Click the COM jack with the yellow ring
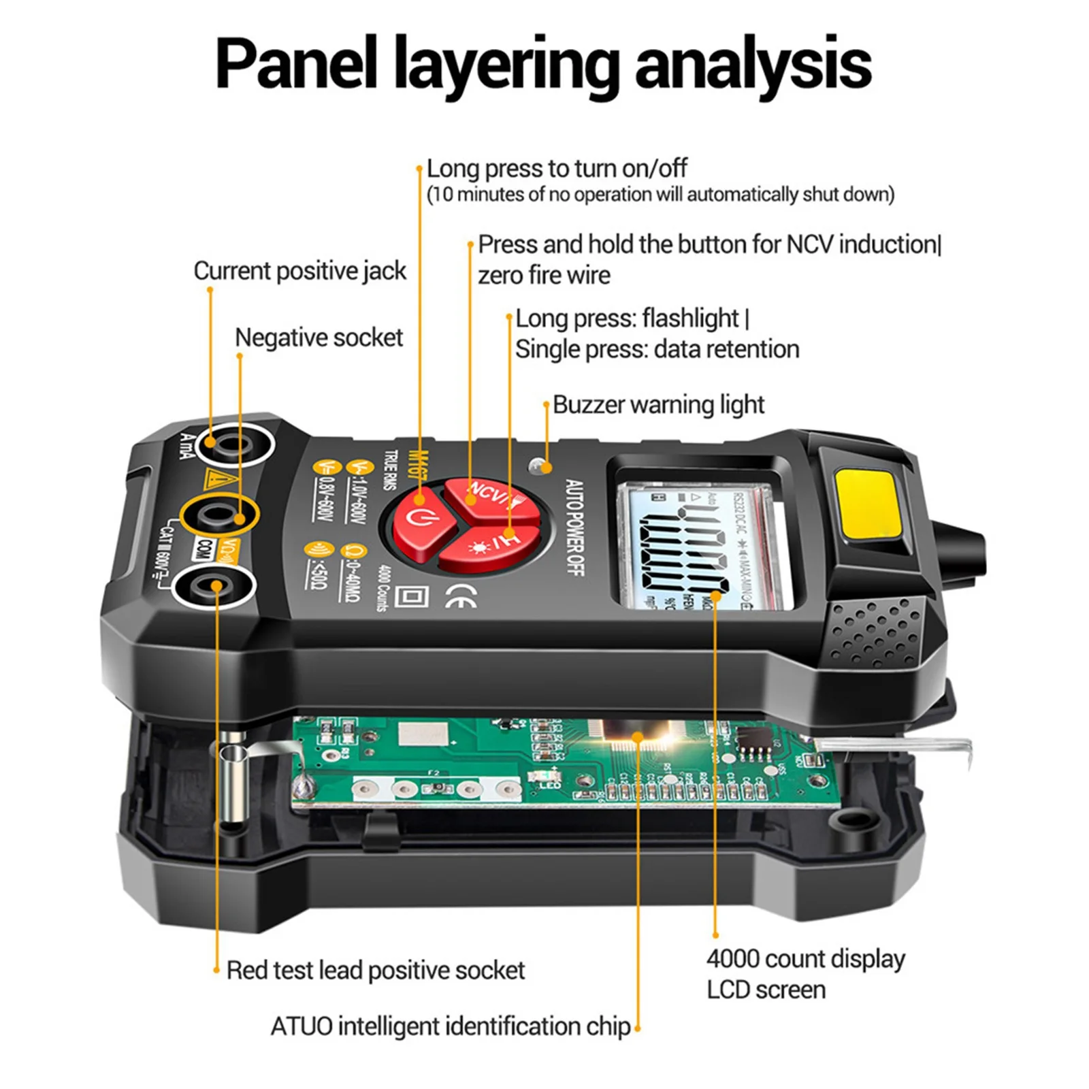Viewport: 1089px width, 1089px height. coord(219,519)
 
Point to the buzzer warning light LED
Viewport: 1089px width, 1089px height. coord(540,466)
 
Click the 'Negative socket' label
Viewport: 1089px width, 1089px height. coord(319,338)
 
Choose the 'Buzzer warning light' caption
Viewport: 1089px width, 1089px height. coord(658,405)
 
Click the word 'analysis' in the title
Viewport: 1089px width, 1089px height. coord(753,65)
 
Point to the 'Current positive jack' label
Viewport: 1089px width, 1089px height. coord(299,271)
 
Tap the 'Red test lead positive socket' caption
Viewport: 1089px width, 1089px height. coord(375,970)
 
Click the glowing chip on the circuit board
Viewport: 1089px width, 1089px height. coord(636,738)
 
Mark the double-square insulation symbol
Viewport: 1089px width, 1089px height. coord(411,597)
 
